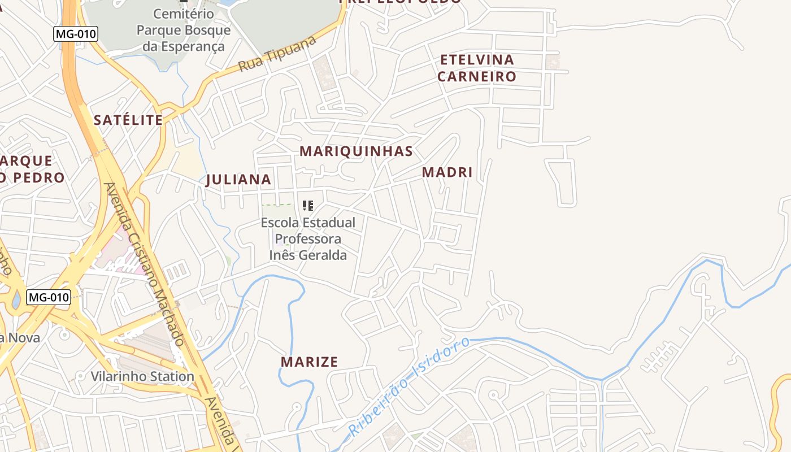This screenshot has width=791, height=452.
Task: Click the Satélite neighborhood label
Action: click(128, 120)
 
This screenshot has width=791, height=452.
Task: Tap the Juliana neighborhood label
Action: click(238, 180)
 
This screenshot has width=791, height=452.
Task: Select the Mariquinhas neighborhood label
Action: click(356, 151)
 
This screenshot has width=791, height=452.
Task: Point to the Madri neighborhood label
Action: click(447, 172)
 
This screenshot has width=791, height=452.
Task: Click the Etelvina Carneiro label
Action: click(477, 68)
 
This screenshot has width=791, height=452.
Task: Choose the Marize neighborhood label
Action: click(309, 362)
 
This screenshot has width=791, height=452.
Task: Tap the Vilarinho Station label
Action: click(142, 376)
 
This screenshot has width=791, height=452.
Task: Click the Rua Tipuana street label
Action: click(277, 55)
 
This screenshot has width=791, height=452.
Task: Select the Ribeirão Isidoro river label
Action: click(409, 386)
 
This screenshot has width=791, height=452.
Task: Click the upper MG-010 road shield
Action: click(76, 34)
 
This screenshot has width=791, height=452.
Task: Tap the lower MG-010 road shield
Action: click(49, 297)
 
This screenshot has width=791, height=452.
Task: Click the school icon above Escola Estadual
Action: click(308, 206)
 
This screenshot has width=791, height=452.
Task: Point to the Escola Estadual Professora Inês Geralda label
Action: click(308, 238)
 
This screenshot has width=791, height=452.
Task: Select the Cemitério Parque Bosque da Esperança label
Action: click(184, 30)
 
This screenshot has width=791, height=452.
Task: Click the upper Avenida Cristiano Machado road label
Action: click(144, 263)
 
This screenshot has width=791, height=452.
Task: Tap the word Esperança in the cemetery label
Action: click(184, 46)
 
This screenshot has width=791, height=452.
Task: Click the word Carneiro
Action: click(477, 76)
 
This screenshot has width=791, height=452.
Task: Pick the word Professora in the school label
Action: click(308, 238)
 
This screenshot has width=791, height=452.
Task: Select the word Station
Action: click(168, 376)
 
